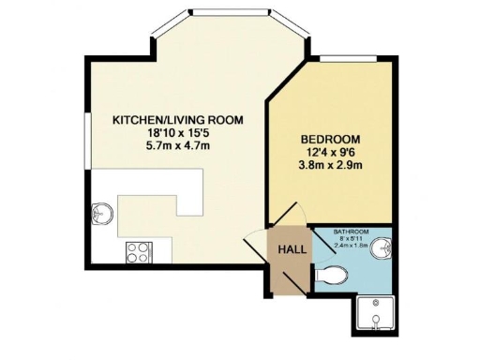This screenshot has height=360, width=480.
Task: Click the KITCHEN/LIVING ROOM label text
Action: click(177, 120)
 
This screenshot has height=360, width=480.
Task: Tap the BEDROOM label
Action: click(325, 134)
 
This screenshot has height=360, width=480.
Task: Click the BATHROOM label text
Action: click(352, 232)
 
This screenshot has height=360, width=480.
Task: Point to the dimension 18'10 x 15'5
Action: click(177, 133)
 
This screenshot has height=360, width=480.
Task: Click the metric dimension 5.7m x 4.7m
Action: click(177, 146)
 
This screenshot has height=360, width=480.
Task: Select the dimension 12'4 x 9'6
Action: click(325, 152)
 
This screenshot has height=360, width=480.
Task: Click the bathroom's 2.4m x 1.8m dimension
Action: click(352, 247)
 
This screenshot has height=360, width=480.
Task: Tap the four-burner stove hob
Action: click(138, 251)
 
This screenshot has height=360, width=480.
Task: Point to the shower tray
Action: click(378, 316)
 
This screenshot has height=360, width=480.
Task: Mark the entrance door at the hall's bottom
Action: click(285, 281)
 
